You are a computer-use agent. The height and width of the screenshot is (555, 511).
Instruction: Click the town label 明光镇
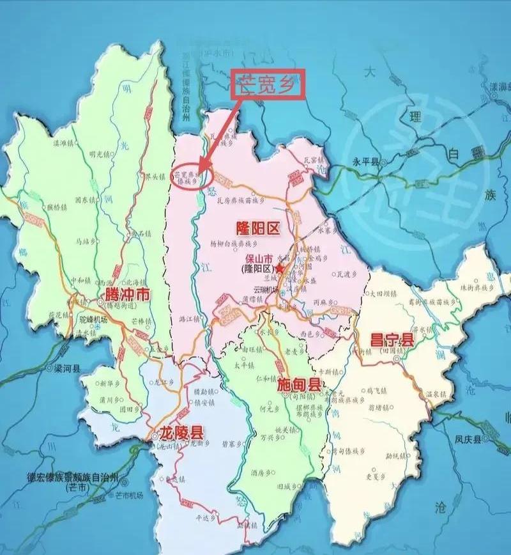click(x=100, y=153)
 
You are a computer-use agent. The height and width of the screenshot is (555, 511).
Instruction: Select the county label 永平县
click(x=366, y=161)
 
